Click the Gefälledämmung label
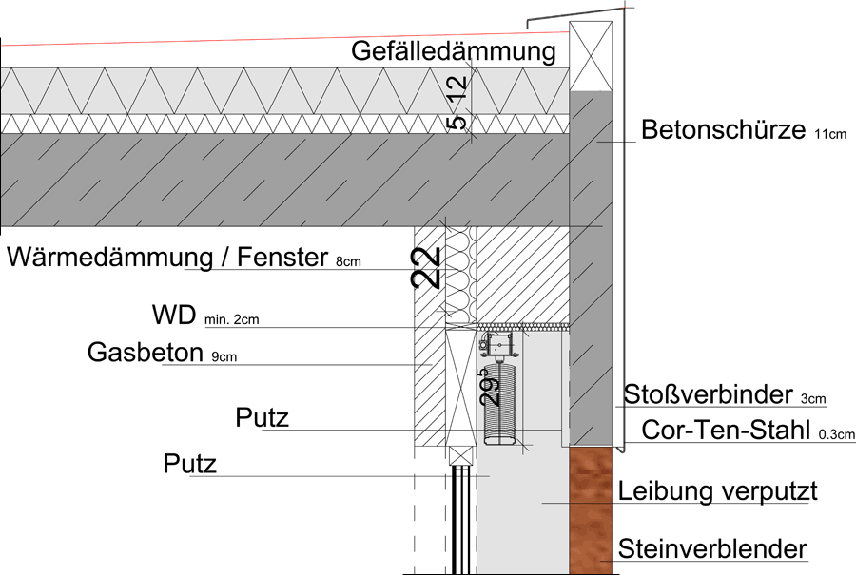[453, 52]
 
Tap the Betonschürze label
[724, 130]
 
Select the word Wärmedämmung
[110, 258]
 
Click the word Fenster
[282, 257]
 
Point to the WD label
[174, 316]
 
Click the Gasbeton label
[146, 353]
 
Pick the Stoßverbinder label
[708, 394]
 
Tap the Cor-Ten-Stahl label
[726, 430]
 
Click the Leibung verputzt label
[717, 491]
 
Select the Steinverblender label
[712, 548]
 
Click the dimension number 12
[457, 87]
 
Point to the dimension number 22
[426, 268]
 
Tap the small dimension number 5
[458, 123]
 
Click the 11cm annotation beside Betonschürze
[830, 134]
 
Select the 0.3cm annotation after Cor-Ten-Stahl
[836, 434]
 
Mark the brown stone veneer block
[591, 510]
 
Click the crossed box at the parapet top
[591, 56]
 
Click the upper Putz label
[263, 418]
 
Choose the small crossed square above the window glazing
[460, 455]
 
